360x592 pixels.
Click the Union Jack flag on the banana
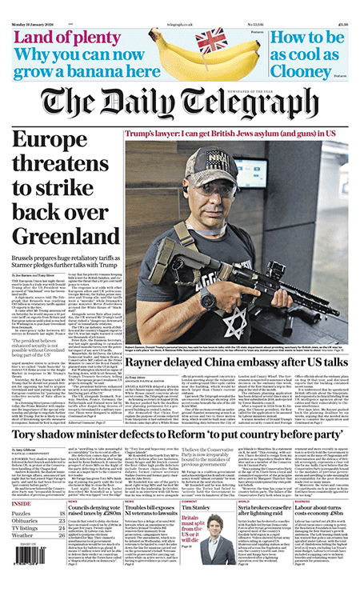coord(213,39)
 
